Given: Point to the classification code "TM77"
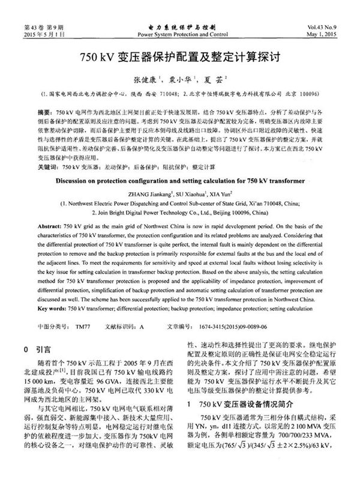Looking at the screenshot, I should tap(82, 327).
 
